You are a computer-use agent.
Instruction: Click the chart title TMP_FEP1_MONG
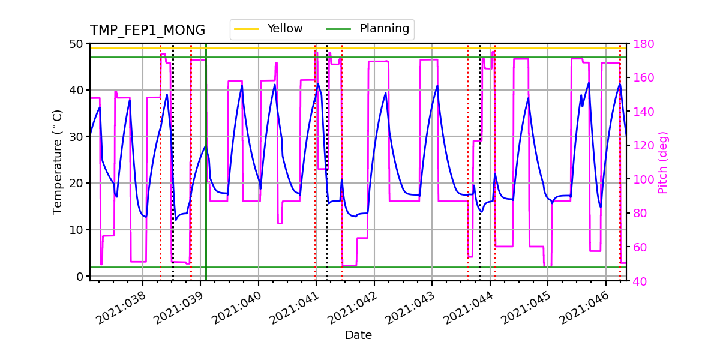(147, 31)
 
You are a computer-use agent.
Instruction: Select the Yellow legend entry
(285, 29)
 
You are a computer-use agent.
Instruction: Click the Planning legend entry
(384, 29)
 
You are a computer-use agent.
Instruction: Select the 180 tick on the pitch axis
(641, 44)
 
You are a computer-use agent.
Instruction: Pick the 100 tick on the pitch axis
(641, 179)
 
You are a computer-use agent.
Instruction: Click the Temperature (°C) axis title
(58, 161)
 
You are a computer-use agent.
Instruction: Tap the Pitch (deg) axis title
(663, 162)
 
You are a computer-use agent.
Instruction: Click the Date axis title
(358, 335)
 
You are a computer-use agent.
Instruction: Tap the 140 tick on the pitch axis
(641, 112)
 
